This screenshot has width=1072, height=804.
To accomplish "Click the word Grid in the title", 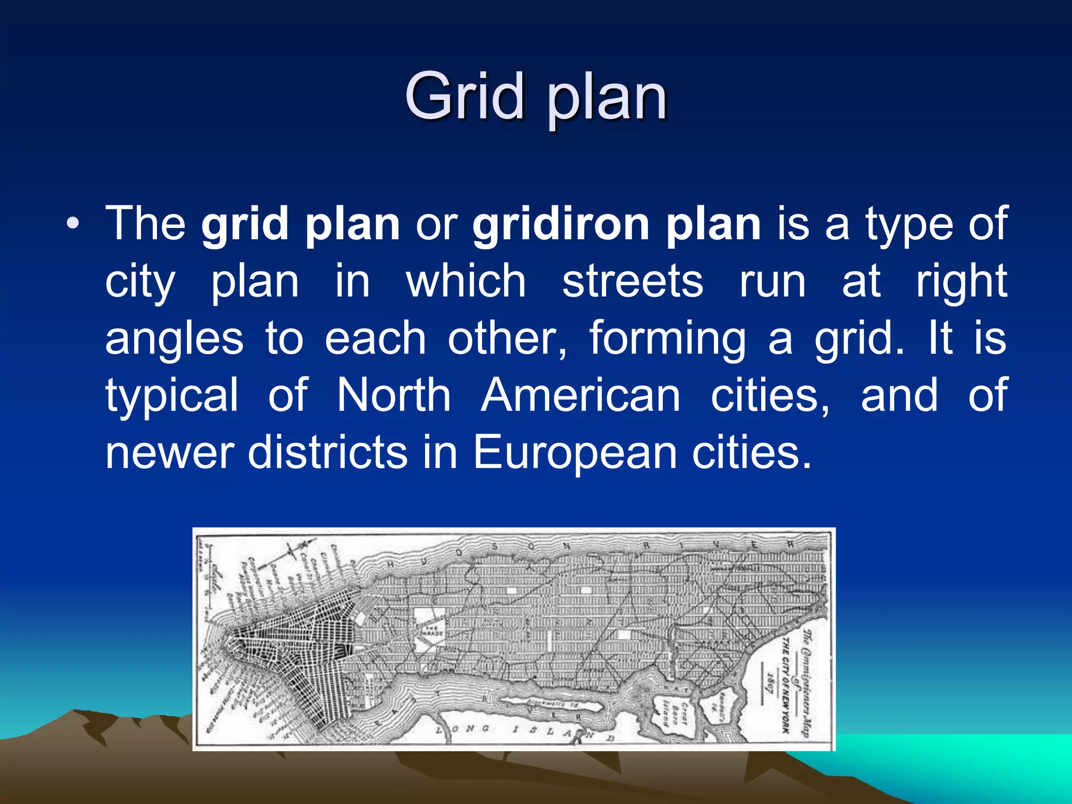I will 464,96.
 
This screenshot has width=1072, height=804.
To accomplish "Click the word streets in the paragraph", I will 632,282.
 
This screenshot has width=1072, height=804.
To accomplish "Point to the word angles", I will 174,339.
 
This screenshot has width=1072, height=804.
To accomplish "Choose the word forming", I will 667,339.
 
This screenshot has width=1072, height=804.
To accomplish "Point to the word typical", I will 172,396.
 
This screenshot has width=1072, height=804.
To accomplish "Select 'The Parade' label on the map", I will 433,631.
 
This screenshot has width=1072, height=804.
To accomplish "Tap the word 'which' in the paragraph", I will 466,282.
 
